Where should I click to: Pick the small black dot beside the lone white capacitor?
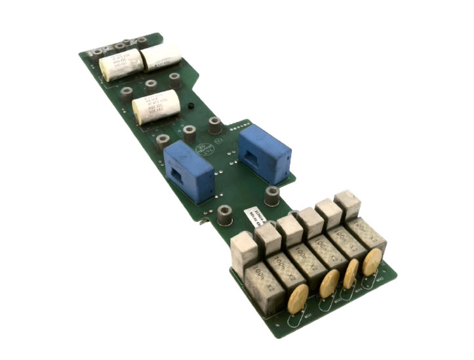tap(189, 105)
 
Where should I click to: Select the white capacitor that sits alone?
tap(157, 107)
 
